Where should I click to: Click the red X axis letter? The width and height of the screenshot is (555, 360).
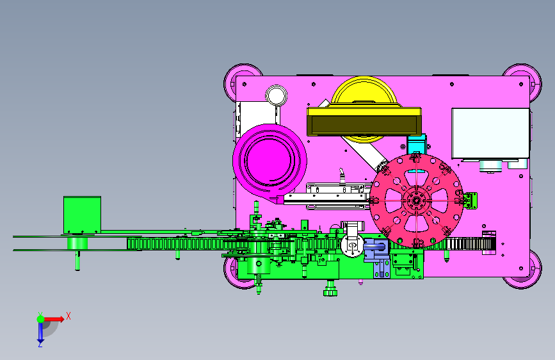click(68, 316)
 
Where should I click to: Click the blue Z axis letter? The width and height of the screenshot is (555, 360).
click(40, 344)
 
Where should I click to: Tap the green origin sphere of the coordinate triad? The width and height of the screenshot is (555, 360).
click(41, 319)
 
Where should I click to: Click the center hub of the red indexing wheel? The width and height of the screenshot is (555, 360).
click(416, 201)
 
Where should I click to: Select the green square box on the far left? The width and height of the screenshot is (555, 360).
click(82, 215)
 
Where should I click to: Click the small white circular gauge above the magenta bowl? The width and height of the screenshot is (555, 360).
click(276, 95)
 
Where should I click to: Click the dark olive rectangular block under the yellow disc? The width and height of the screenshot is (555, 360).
click(364, 125)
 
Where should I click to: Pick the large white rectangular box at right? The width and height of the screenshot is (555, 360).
click(490, 133)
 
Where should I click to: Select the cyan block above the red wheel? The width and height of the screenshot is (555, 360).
click(416, 144)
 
